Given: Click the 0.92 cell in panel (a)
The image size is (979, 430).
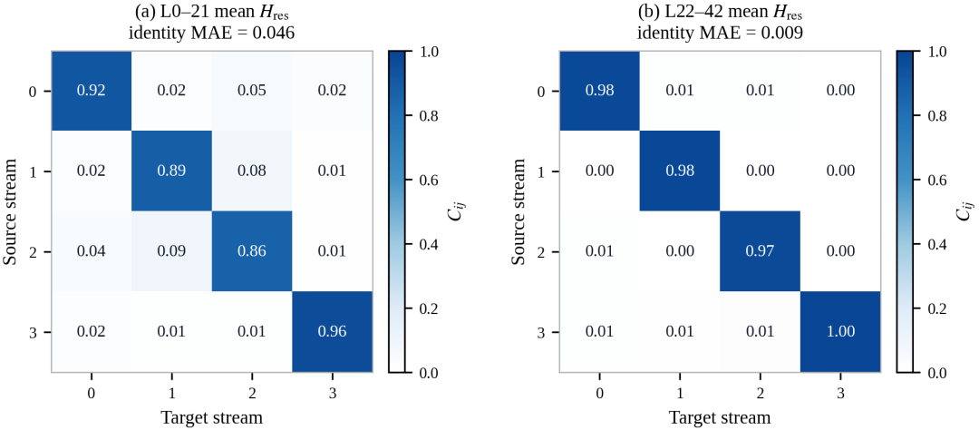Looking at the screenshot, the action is tap(92, 92).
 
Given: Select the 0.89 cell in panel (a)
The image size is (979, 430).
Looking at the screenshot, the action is tap(171, 171).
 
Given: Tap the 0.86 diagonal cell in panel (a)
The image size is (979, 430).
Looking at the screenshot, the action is tap(252, 251).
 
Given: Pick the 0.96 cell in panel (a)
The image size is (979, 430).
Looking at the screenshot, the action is tap(332, 331).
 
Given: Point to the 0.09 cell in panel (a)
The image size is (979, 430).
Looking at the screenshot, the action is tap(171, 251).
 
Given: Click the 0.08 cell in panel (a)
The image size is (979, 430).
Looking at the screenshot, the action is tap(252, 171).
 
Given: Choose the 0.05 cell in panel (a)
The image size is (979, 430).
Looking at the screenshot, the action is tap(252, 92).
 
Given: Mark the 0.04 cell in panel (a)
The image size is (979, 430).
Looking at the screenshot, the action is tap(92, 251).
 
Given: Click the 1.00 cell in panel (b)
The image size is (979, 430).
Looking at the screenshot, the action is tap(840, 331).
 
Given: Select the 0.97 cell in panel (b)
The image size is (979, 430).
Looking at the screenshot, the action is tap(760, 251).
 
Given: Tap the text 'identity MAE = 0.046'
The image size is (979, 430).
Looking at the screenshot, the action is tap(211, 34).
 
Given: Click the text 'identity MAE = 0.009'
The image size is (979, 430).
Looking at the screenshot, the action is tap(720, 34).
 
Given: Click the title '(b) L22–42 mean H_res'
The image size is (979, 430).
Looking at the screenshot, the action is tap(720, 12).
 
